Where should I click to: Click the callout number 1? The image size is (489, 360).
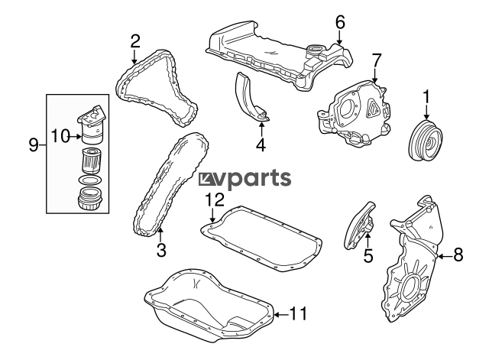click(x=426, y=98)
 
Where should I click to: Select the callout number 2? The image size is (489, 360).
click(x=135, y=41)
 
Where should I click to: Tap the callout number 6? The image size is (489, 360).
click(x=340, y=22)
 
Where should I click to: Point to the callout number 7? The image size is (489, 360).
click(x=377, y=61)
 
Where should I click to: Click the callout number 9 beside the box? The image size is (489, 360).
click(x=34, y=145)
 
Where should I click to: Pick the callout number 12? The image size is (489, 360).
click(x=215, y=200)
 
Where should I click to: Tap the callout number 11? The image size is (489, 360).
click(x=299, y=314)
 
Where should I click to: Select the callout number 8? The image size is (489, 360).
click(x=458, y=255)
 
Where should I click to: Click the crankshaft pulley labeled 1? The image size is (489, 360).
click(x=426, y=140)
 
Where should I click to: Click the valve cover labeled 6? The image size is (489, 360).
click(x=280, y=56)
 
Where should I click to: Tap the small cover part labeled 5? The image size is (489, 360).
click(x=360, y=225)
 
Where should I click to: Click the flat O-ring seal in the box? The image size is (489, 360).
click(x=90, y=180)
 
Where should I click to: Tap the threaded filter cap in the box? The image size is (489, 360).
click(x=89, y=199)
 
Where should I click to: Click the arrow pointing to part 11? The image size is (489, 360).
click(x=282, y=314)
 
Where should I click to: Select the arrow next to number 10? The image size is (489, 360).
click(x=76, y=136)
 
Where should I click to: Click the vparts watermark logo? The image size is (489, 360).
click(x=244, y=180)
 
